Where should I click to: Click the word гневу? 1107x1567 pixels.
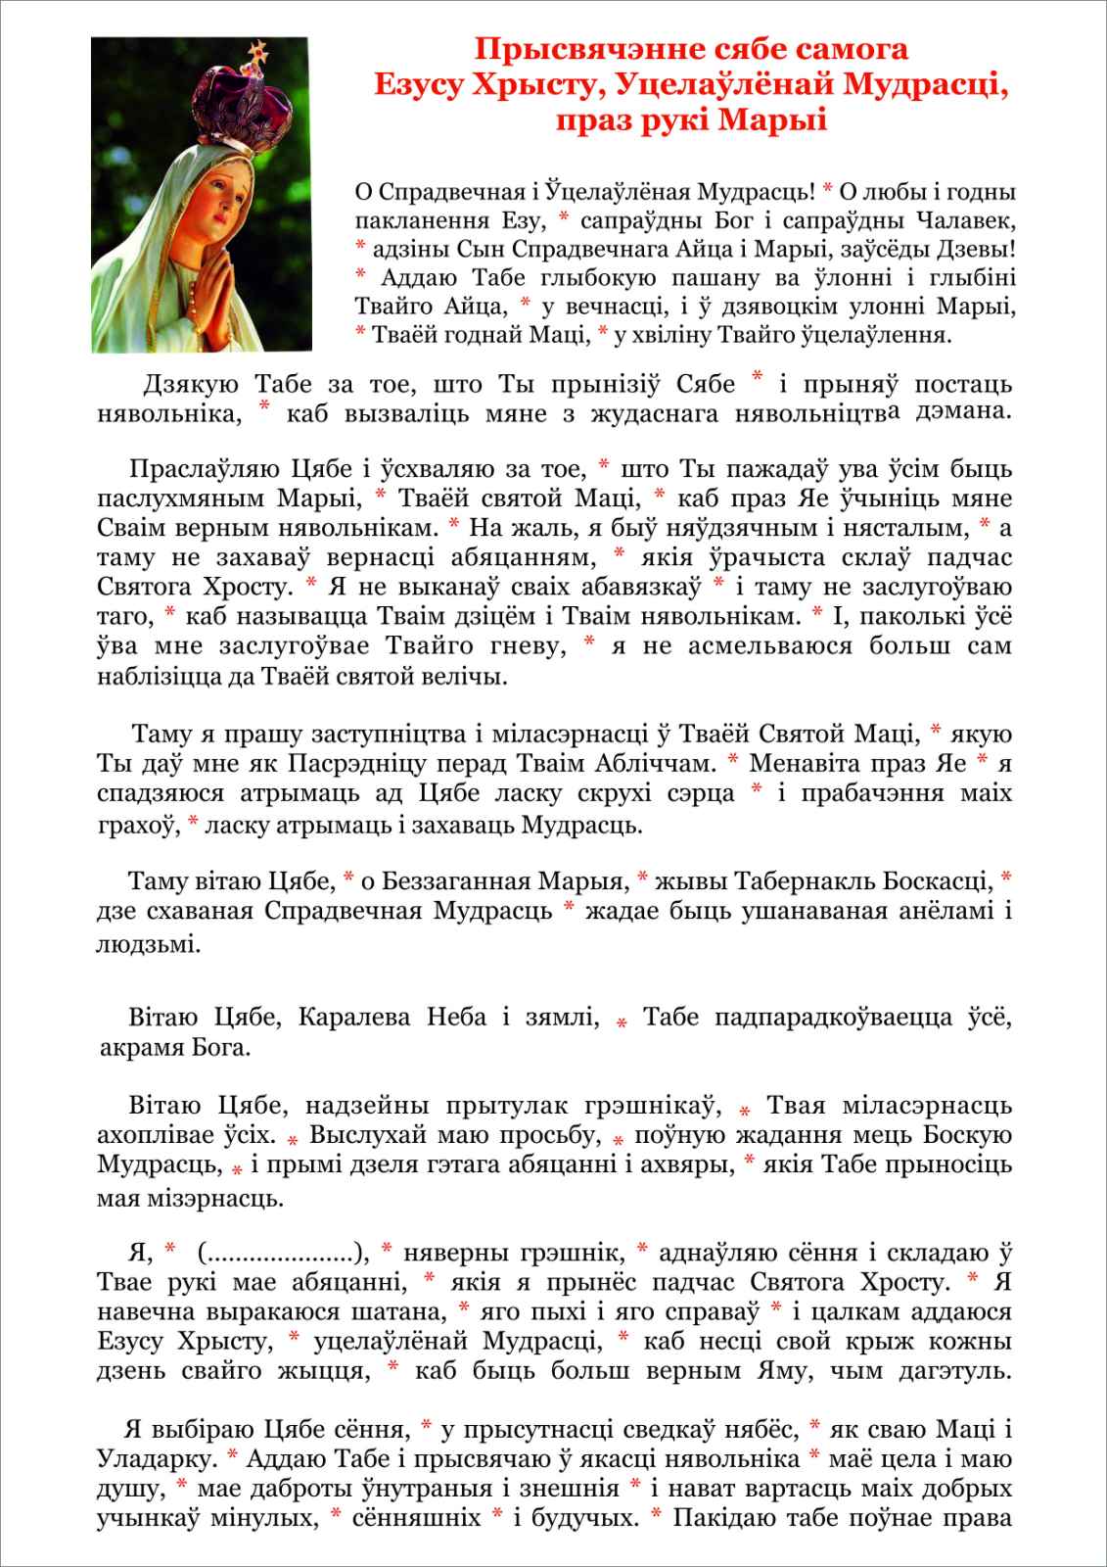point(532,645)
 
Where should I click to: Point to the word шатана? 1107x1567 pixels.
point(402,1310)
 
